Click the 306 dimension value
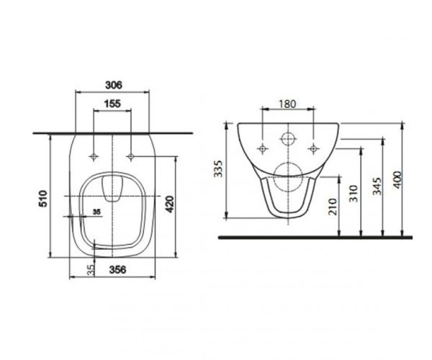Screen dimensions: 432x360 114,85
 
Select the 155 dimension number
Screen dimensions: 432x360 112,104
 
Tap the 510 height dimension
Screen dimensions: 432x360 44,198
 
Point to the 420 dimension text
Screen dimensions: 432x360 170,204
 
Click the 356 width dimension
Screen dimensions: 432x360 117,270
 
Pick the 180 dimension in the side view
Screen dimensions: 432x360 287,104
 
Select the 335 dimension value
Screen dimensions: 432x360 218,168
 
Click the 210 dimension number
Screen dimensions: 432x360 333,207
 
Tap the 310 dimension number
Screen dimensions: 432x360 354,194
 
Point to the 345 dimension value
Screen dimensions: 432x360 377,186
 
